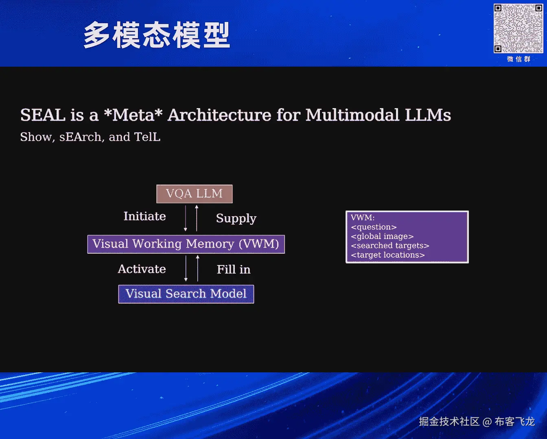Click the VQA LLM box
click(x=195, y=194)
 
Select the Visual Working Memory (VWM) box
click(x=186, y=244)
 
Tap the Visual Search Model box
click(x=186, y=294)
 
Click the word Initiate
click(x=144, y=216)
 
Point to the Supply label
click(x=236, y=218)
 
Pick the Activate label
click(x=142, y=269)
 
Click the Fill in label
click(x=234, y=269)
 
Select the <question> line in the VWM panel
click(x=374, y=227)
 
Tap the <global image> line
click(x=382, y=237)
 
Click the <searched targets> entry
click(x=390, y=246)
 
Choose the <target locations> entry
click(x=387, y=255)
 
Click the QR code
click(x=518, y=28)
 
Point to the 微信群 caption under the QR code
click(x=519, y=59)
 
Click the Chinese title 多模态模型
click(x=157, y=35)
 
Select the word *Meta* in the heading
click(x=133, y=115)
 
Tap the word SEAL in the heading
click(x=43, y=115)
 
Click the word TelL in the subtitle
click(x=147, y=137)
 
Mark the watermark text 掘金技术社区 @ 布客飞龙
click(x=477, y=422)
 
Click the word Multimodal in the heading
click(x=352, y=115)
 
